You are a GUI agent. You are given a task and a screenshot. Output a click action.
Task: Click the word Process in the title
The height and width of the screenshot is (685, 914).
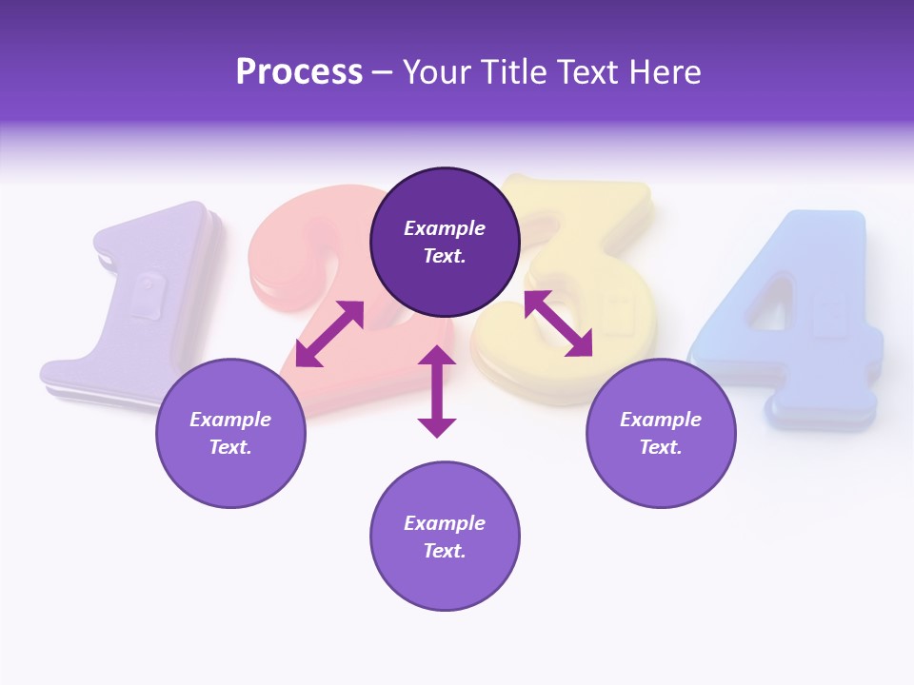click(x=299, y=72)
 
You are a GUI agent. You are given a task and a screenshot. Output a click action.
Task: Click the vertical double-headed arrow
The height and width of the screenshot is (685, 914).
click(x=437, y=391)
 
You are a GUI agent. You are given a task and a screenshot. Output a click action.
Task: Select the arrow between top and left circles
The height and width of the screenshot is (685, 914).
click(x=329, y=334)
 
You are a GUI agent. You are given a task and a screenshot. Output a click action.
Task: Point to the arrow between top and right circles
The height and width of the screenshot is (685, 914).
click(x=558, y=323)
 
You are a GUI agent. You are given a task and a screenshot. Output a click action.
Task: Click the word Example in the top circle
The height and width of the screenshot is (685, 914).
click(x=445, y=228)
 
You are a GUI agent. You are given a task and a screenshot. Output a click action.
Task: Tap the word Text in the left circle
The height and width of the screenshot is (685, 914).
click(x=230, y=447)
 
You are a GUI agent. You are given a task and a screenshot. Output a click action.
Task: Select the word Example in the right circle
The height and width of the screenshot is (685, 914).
click(x=661, y=420)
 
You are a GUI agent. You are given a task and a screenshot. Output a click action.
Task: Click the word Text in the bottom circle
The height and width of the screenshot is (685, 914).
click(x=445, y=551)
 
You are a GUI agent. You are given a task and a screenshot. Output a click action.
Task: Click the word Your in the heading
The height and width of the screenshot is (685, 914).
click(x=435, y=72)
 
